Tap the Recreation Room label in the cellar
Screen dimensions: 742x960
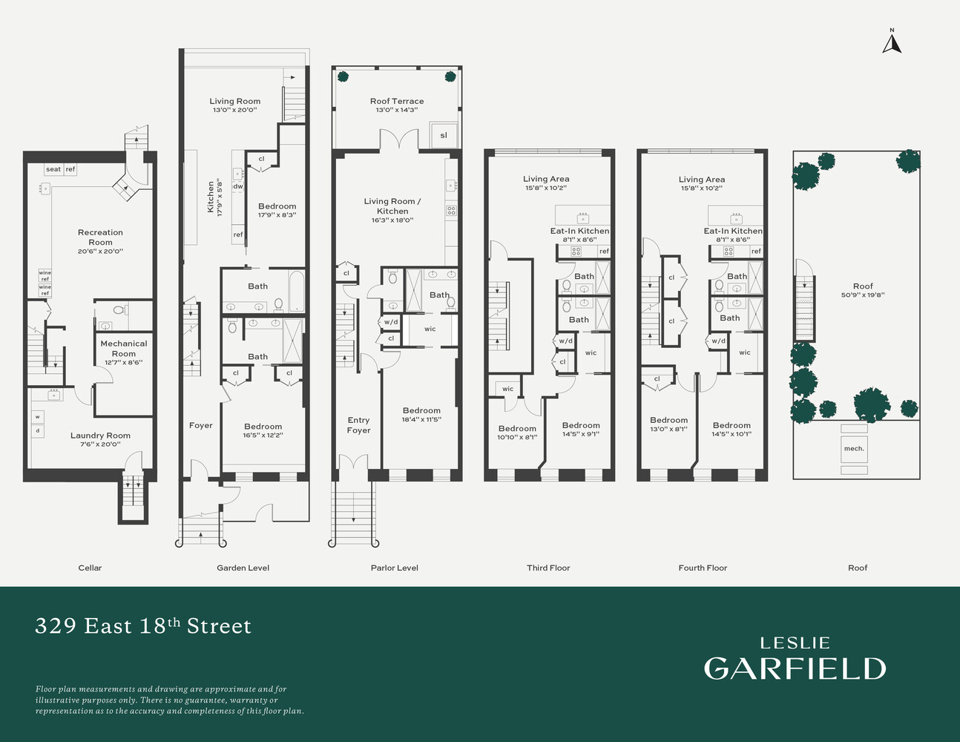[100, 237]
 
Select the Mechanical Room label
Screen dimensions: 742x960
[124, 348]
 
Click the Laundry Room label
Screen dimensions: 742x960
[100, 436]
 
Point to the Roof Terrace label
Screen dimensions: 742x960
[397, 101]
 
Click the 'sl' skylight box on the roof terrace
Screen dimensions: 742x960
[444, 135]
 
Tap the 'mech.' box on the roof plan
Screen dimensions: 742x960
[854, 449]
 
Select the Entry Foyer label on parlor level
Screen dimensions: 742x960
[358, 425]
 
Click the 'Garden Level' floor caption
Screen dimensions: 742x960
[243, 568]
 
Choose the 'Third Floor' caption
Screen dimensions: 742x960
[548, 568]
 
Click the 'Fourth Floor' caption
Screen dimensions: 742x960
[703, 568]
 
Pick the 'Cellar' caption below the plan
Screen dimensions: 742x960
[90, 568]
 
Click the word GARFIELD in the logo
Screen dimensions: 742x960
[795, 669]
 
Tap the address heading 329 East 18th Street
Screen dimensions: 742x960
[143, 626]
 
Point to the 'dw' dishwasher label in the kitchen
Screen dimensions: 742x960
[238, 186]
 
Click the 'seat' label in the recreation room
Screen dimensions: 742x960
[53, 169]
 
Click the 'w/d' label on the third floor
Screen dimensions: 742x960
[565, 341]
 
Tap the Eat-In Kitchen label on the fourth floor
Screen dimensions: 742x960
[733, 231]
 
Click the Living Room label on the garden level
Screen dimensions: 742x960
[234, 101]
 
